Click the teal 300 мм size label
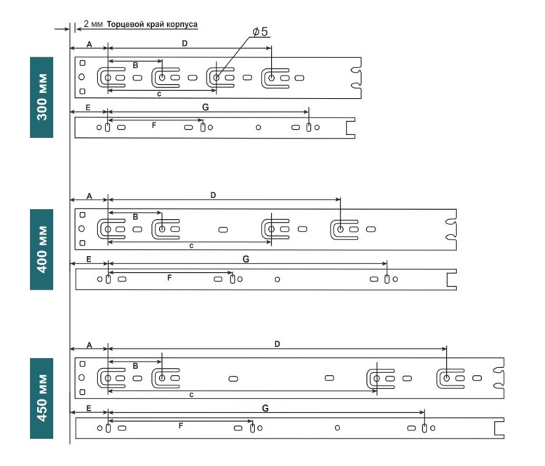click(41, 97)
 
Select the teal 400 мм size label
click(41, 249)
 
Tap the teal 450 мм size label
click(41, 398)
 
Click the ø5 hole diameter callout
click(260, 32)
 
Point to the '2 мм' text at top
click(93, 24)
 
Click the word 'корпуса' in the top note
click(182, 24)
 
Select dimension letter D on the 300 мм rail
click(185, 44)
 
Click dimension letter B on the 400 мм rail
click(136, 217)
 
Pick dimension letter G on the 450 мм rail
click(265, 408)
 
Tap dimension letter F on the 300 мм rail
click(154, 125)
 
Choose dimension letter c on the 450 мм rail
click(191, 395)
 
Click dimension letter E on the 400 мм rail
click(89, 259)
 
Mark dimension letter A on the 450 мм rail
click(89, 346)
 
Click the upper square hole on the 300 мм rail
click(82, 63)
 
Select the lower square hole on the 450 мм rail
click(82, 392)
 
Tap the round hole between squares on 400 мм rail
click(81, 229)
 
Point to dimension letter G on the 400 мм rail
click(246, 259)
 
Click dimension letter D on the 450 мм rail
click(277, 344)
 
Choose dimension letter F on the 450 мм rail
click(180, 426)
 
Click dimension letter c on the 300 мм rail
click(159, 94)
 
